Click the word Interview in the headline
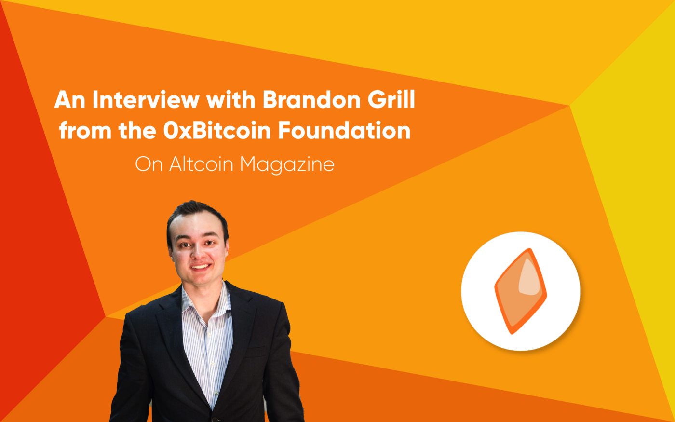point(146,99)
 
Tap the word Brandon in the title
point(311,99)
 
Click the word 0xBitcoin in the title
point(217,130)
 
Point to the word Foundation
point(344,130)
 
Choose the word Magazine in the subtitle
point(287,165)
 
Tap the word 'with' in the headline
point(231,99)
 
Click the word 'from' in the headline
point(85,130)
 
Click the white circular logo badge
point(520,291)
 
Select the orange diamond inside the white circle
point(520,291)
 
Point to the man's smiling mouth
point(201,267)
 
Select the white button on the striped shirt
point(216,393)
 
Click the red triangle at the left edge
point(42,211)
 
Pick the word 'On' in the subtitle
point(149,164)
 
